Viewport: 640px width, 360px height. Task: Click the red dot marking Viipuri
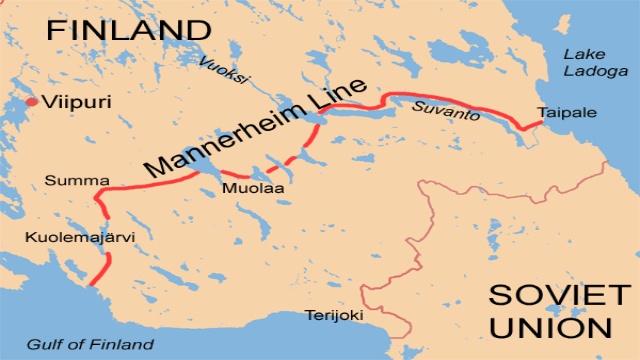point(32,102)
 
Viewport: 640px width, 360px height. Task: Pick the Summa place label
point(63,181)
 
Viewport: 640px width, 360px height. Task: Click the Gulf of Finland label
point(90,344)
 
